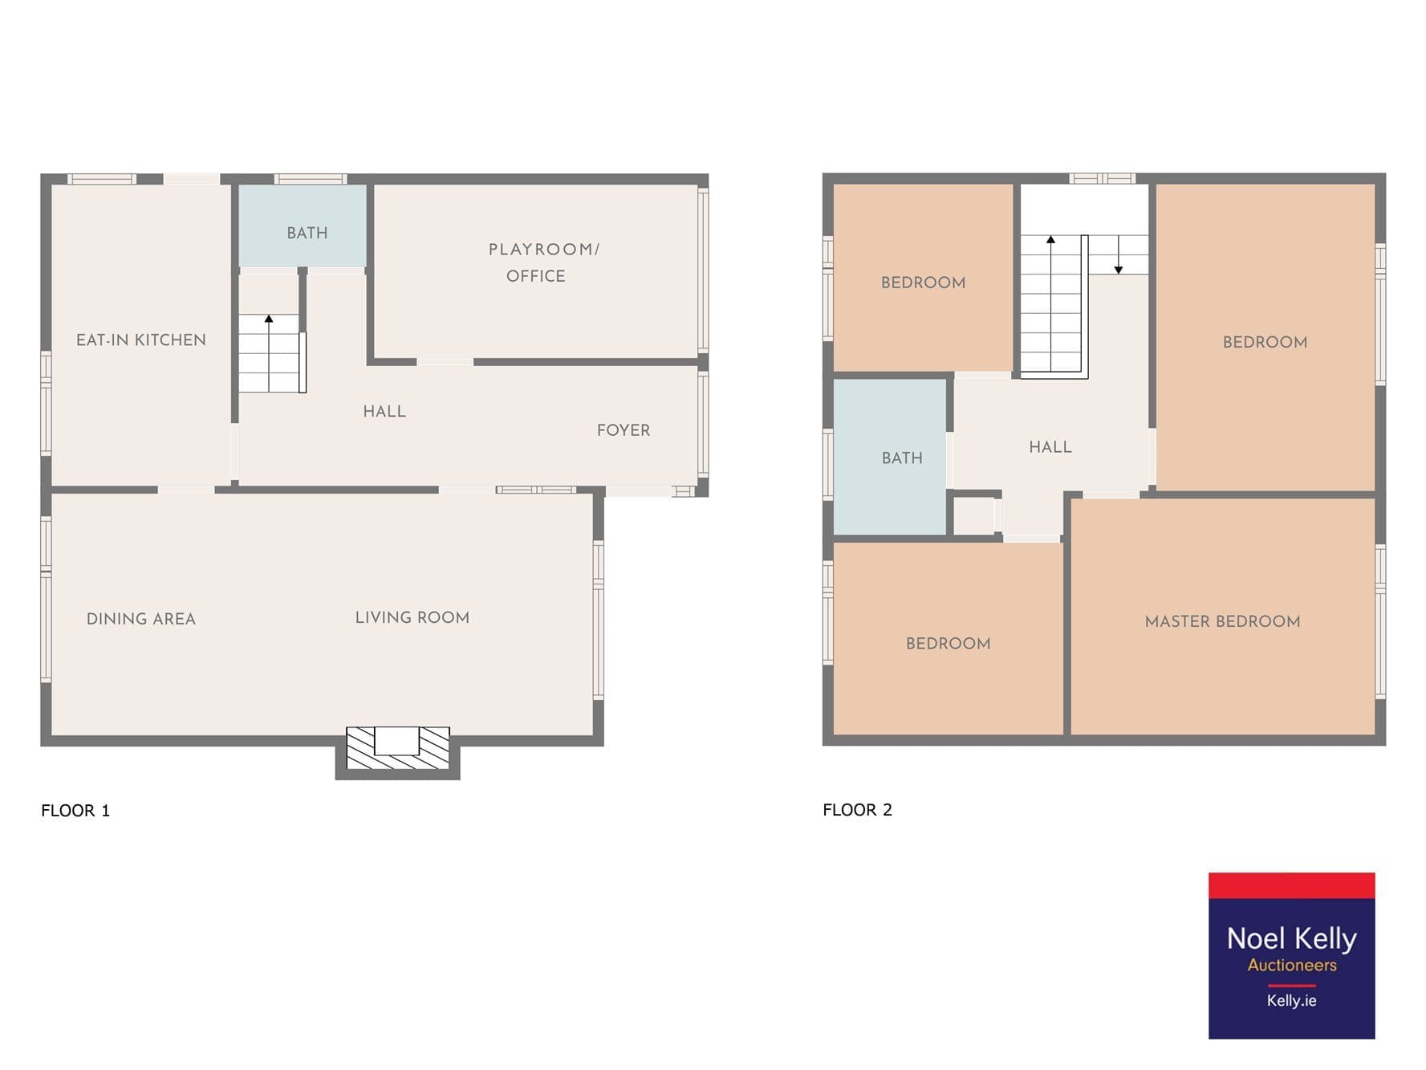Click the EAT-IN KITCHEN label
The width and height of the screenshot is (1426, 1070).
click(x=141, y=340)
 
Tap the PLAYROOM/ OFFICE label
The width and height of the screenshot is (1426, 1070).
click(x=543, y=262)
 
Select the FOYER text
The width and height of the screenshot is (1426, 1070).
click(x=624, y=430)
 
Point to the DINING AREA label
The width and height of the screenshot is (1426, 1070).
click(x=141, y=619)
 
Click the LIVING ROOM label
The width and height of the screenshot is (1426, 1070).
click(x=412, y=617)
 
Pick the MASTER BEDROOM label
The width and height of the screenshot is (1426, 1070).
click(x=1222, y=621)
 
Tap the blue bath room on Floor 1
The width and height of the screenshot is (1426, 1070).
click(x=303, y=226)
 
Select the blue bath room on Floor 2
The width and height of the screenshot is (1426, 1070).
click(x=889, y=457)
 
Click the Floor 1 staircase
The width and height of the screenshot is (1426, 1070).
click(x=272, y=353)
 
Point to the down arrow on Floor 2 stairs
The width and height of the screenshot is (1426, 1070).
click(x=1119, y=254)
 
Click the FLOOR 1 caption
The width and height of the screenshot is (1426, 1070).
click(x=75, y=811)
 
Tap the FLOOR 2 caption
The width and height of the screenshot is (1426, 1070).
click(x=857, y=810)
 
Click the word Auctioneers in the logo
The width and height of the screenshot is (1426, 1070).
click(x=1292, y=965)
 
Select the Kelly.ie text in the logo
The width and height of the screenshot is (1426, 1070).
click(x=1291, y=1000)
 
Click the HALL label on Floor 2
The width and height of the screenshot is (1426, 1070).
click(x=1050, y=447)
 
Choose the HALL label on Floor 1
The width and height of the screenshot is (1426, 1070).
click(x=384, y=411)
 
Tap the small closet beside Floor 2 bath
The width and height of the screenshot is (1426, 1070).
click(x=974, y=516)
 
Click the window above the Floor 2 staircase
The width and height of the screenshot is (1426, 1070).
click(x=1103, y=178)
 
